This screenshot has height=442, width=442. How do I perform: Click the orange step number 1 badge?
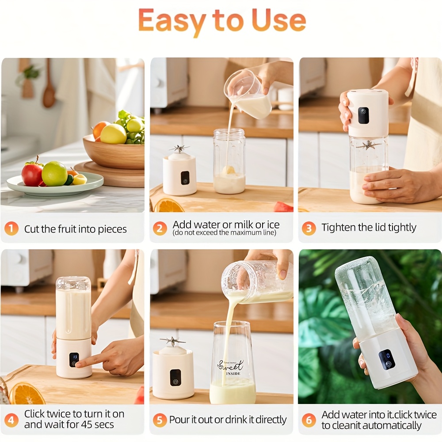coord(11,229)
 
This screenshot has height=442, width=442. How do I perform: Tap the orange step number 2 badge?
coord(160,229)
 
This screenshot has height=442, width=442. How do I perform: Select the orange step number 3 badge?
coord(309,229)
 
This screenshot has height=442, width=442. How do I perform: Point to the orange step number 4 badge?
coord(11,420)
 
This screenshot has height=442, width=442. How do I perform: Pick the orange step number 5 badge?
coord(160,420)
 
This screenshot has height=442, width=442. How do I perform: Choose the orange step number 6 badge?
coord(309,420)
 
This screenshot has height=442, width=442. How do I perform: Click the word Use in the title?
coord(278,20)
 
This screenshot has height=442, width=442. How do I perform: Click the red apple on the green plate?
coord(32,174)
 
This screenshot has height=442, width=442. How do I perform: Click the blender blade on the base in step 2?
coord(179,149)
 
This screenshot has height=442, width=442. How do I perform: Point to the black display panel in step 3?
coord(363,115)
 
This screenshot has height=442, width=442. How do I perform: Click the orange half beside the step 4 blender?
coord(27,392)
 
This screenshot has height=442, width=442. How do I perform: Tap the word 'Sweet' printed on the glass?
coord(231,366)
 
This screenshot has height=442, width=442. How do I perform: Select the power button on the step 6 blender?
coord(388,364)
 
